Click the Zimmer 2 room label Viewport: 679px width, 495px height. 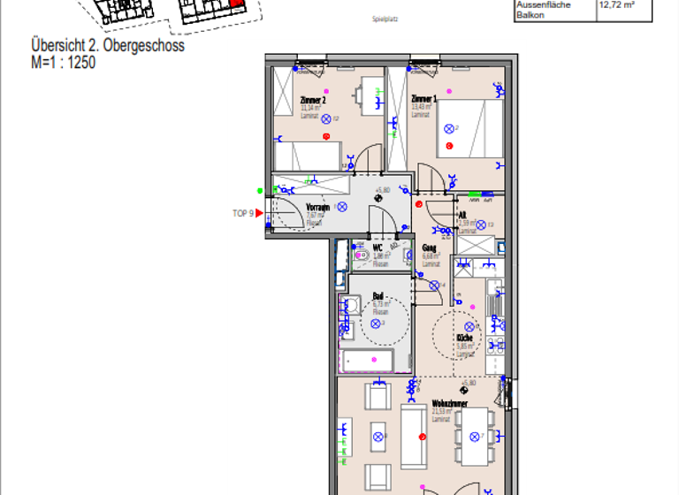313,101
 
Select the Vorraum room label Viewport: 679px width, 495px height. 317,208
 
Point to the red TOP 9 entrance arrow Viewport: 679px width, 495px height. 260,213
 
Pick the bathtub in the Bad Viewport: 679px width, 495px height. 367,361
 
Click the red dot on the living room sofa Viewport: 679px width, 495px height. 423,437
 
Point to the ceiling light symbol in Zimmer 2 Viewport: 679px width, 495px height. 325,118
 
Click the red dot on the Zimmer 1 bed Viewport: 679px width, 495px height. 448,145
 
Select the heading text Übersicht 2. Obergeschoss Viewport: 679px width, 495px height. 108,46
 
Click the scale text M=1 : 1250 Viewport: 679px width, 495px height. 63,63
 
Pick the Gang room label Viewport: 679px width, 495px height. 430,248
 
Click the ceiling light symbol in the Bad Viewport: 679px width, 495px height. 375,324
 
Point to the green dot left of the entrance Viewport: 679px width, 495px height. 259,190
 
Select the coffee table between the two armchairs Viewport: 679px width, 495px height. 378,437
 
